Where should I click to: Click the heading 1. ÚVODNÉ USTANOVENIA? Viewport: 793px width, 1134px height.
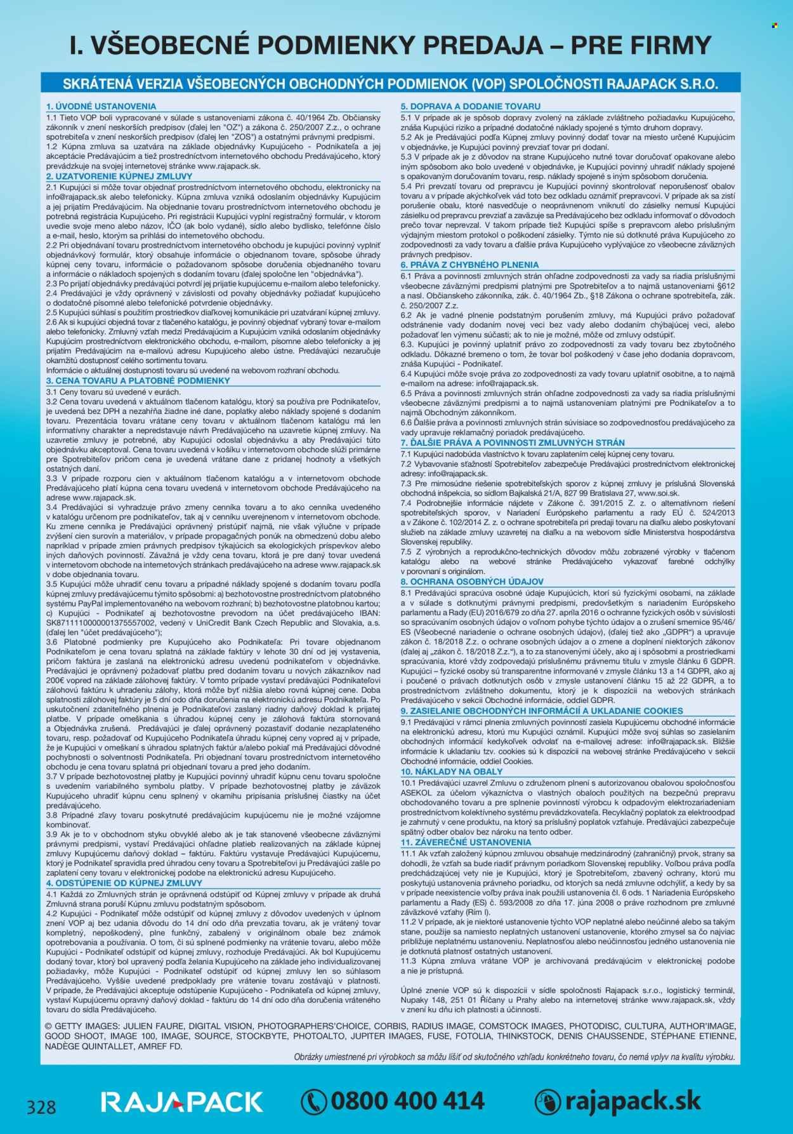pos(101,107)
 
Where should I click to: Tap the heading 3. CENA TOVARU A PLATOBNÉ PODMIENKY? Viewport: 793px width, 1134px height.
pos(138,380)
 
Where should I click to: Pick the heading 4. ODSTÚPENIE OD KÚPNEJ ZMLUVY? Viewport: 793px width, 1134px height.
pos(124,883)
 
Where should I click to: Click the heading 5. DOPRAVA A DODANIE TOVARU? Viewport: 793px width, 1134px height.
pos(470,107)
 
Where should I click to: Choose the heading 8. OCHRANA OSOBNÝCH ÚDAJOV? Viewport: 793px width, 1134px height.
pos(472,581)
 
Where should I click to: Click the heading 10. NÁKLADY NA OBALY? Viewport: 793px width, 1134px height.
pos(452,771)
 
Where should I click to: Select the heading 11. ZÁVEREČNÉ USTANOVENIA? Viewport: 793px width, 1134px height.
pos(466,842)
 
